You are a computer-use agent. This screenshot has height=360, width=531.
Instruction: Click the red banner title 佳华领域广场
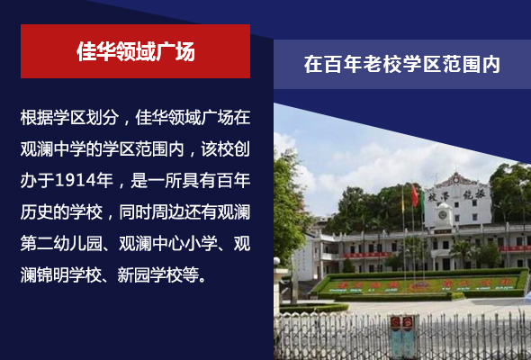[136, 51]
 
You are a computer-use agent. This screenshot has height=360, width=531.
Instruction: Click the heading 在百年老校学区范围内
[402, 64]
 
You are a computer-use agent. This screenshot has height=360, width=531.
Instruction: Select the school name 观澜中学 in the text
[53, 148]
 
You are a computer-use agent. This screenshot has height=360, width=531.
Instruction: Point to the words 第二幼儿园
[61, 244]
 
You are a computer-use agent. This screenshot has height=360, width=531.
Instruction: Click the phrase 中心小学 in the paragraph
[184, 244]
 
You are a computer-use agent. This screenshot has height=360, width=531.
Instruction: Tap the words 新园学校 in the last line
[150, 274]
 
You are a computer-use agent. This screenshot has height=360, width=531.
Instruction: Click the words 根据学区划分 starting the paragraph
[69, 118]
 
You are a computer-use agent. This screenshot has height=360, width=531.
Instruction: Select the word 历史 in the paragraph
[37, 212]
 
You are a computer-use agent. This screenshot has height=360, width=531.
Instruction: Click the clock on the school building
[443, 215]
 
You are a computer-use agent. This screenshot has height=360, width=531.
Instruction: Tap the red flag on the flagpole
[415, 195]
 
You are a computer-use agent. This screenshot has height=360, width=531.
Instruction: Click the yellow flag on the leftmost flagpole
[403, 202]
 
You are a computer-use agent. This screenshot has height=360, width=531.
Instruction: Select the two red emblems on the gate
[401, 322]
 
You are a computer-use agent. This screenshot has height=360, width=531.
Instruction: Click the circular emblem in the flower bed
[419, 286]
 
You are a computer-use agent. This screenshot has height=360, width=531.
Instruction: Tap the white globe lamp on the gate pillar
[276, 261]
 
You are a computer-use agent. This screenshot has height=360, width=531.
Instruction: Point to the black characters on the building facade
[456, 195]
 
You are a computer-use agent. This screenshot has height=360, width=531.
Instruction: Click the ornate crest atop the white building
[456, 179]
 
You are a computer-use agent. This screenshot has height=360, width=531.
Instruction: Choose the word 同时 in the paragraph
[135, 212]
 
